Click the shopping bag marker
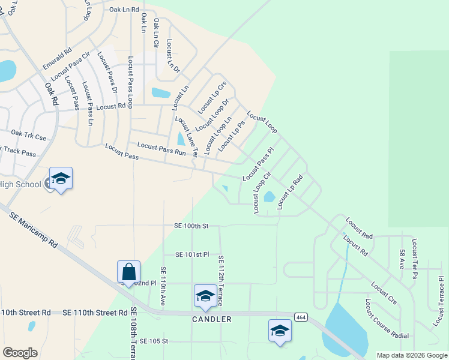click(129, 272)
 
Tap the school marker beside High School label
click(61, 179)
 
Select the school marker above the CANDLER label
click(205, 296)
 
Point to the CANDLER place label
click(212, 319)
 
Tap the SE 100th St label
click(191, 226)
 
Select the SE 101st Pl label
click(192, 254)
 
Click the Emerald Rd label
click(57, 58)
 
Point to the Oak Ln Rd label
click(124, 10)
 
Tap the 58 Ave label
click(402, 256)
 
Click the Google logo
click(20, 353)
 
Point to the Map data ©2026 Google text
click(412, 355)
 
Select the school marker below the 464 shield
click(280, 331)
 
